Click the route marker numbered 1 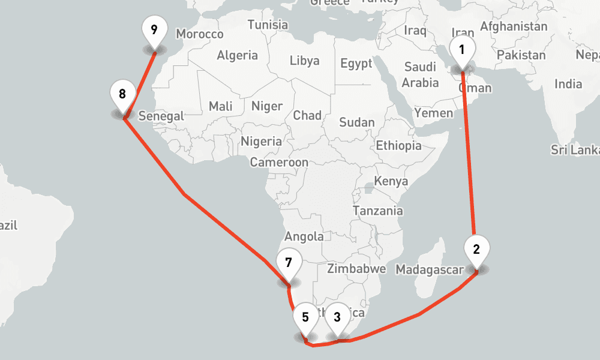tap(461, 50)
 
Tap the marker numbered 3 tap(337, 317)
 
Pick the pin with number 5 tap(305, 317)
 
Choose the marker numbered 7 tap(289, 263)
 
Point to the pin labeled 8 tap(122, 95)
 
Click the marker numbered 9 tap(154, 29)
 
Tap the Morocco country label tap(200, 35)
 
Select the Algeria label tap(237, 56)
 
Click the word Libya tap(305, 61)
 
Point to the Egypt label tap(356, 64)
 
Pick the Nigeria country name tap(261, 142)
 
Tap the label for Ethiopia tap(398, 145)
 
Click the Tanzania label tap(378, 211)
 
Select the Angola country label tap(304, 236)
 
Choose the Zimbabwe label tap(357, 268)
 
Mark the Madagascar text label tap(430, 271)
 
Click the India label tap(568, 84)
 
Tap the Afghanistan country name tap(514, 27)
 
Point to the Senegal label tap(161, 116)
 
